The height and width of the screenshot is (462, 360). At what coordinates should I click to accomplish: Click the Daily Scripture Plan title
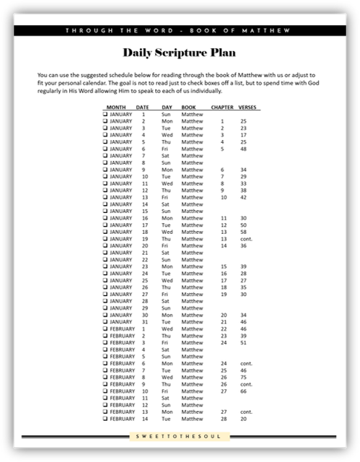pyautogui.click(x=180, y=53)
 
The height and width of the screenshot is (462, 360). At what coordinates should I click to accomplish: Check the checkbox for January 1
pyautogui.click(x=105, y=114)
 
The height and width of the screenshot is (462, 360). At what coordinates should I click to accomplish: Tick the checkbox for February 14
pyautogui.click(x=105, y=418)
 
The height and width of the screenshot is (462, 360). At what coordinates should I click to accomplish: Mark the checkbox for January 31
pyautogui.click(x=105, y=321)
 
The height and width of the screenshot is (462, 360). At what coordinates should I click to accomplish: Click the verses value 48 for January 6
pyautogui.click(x=244, y=149)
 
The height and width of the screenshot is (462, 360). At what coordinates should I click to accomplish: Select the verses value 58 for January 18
pyautogui.click(x=244, y=232)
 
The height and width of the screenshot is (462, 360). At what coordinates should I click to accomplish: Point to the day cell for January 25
pyautogui.click(x=167, y=280)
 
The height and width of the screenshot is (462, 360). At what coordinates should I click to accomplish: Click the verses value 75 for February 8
pyautogui.click(x=244, y=377)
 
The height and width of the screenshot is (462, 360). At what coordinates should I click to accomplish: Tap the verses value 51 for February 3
pyautogui.click(x=244, y=342)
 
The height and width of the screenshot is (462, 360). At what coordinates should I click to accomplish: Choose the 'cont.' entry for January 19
pyautogui.click(x=245, y=238)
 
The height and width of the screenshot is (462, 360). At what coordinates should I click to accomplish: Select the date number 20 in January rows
pyautogui.click(x=145, y=245)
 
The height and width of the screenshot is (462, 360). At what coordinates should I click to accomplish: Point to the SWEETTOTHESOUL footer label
pyautogui.click(x=180, y=437)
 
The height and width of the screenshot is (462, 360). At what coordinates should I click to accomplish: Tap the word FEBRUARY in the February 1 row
pyautogui.click(x=123, y=328)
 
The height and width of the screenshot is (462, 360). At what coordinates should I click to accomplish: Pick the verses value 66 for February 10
pyautogui.click(x=244, y=391)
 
